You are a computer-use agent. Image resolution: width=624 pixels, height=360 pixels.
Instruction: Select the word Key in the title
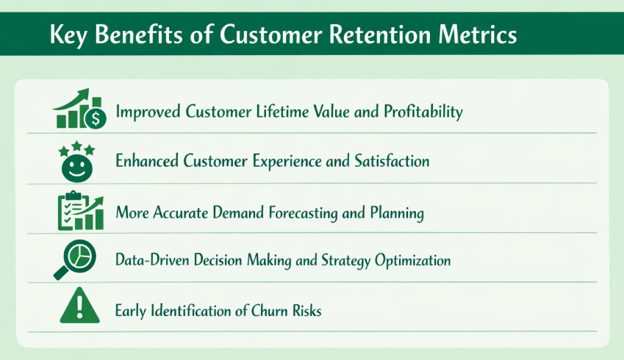pos(69,35)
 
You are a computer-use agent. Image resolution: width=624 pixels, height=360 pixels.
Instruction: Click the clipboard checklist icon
pos(71,212)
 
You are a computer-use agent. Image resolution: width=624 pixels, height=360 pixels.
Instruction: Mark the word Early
pos(132,311)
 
